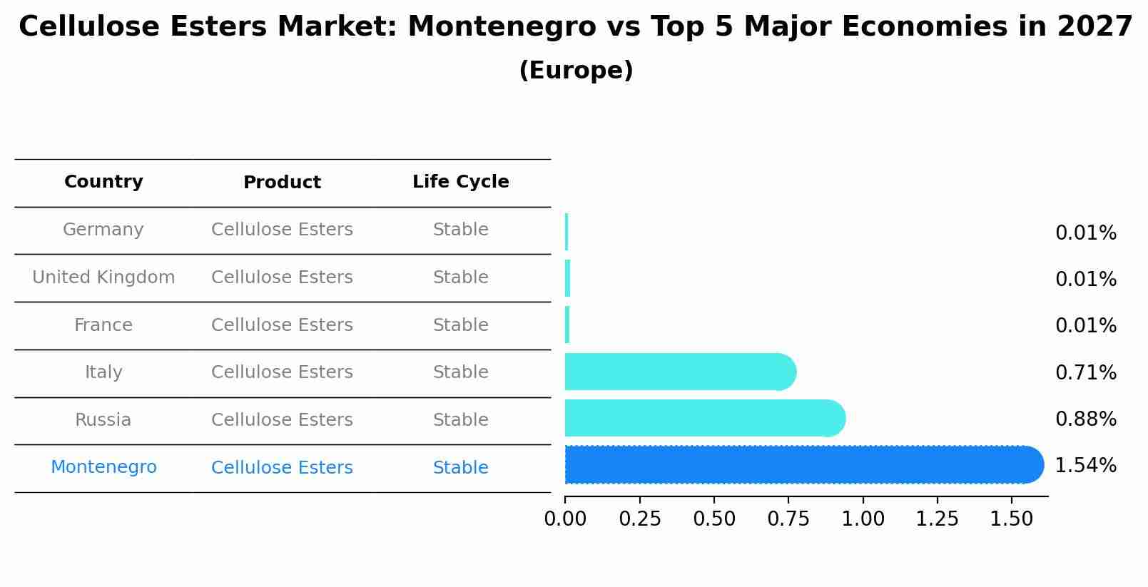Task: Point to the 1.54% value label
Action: coord(1085,466)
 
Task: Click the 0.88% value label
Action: coord(1085,419)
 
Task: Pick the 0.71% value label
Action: coord(1085,372)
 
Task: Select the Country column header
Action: coord(103,182)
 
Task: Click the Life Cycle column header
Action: coord(460,182)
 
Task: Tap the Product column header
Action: coord(282,183)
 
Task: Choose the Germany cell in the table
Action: coord(103,230)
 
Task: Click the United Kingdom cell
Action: coord(103,277)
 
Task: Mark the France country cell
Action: coord(103,325)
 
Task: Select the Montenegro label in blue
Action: coord(103,467)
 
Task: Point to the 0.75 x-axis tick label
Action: coord(788,519)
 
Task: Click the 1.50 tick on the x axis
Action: coord(1011,519)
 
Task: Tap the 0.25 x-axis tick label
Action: coord(640,519)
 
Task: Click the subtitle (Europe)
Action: coord(576,71)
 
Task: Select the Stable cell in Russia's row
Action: coord(460,420)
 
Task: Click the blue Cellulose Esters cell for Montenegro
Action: coord(282,468)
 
